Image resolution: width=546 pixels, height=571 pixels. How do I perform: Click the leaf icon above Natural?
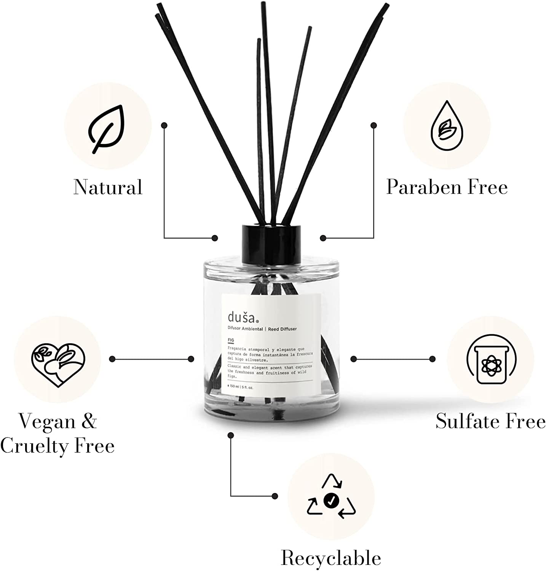[107, 129]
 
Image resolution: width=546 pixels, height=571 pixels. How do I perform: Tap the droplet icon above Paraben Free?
[447, 126]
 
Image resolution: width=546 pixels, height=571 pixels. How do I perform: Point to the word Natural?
[108, 187]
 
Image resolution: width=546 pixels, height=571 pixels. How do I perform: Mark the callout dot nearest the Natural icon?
[164, 125]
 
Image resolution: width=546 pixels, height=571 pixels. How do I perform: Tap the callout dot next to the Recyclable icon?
[275, 496]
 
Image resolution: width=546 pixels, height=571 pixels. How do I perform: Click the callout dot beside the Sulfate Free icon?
[432, 359]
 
